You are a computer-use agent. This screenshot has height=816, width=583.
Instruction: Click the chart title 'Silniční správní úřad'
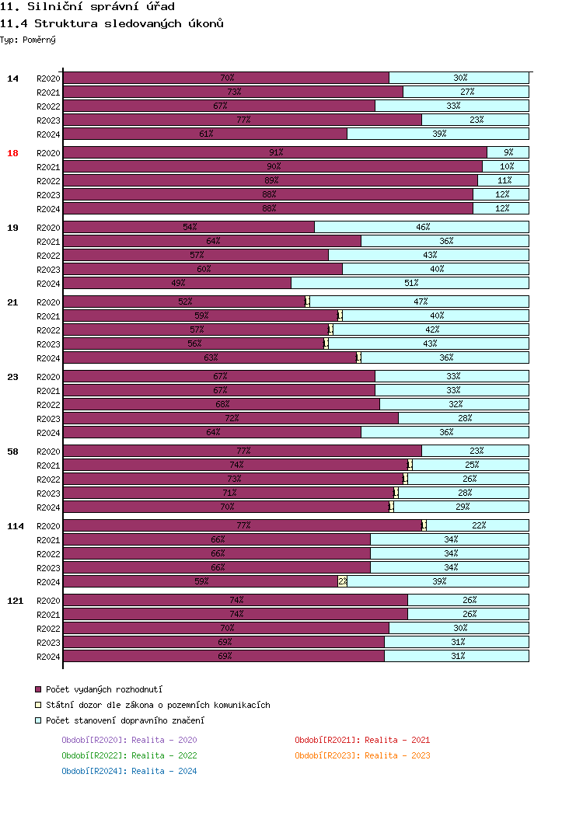point(92,7)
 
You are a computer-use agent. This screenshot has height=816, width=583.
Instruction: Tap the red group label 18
point(12,153)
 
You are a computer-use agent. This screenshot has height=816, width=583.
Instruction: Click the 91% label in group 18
point(276,153)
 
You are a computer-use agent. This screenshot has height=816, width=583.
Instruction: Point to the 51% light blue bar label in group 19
point(411,284)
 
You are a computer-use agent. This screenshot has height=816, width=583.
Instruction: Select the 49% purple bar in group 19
point(177,284)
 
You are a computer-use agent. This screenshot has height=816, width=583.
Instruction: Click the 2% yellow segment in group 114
point(343,582)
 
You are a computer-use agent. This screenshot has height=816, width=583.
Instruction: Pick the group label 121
point(15,601)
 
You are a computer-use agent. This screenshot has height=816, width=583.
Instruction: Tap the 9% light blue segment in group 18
point(508,153)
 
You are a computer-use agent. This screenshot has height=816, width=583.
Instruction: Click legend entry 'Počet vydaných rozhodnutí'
point(104,689)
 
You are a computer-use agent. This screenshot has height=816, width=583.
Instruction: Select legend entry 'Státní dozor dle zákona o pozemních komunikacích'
point(158,705)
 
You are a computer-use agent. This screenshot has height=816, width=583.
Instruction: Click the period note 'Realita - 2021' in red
point(362,740)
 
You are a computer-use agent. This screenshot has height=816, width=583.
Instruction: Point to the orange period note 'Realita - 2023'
point(362,755)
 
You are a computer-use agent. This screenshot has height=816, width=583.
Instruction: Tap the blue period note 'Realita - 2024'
point(129,771)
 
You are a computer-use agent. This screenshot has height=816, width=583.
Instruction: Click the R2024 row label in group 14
point(48,134)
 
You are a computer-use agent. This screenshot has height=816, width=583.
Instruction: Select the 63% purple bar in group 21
point(210,358)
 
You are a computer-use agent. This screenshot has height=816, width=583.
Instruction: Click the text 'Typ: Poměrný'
point(28,40)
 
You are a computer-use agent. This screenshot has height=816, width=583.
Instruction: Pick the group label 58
point(12,452)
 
